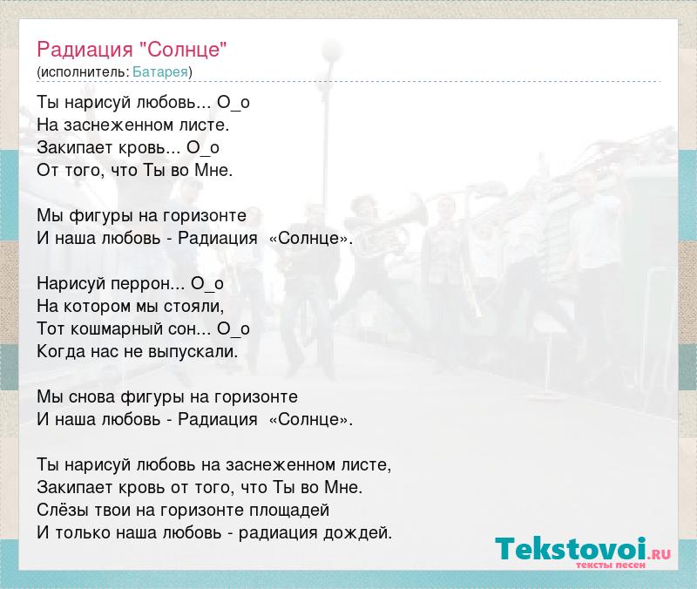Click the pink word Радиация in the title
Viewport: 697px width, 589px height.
click(x=85, y=50)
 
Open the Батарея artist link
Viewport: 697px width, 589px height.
click(x=160, y=72)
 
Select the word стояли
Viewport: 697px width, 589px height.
click(x=193, y=306)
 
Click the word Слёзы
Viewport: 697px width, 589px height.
click(x=63, y=510)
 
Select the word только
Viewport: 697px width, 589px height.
click(x=83, y=532)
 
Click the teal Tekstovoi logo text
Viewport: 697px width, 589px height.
click(x=571, y=549)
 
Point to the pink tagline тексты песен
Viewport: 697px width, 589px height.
click(x=611, y=565)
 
